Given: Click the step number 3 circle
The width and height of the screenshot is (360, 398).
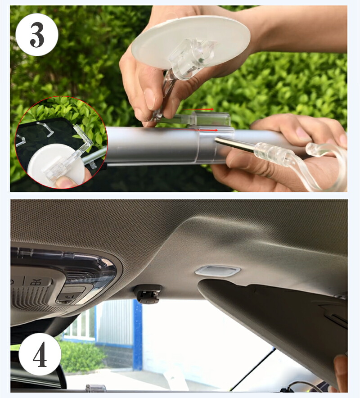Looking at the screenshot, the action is click(37, 35).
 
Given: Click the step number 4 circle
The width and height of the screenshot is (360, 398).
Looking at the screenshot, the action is click(40, 354).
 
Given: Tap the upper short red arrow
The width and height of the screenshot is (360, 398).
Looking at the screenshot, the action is click(198, 109).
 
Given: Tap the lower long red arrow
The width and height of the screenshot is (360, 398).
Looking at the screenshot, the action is click(202, 130).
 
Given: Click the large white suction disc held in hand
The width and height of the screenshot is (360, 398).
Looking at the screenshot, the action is click(190, 42).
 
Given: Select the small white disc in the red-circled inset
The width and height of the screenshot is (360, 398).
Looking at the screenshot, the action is click(56, 165).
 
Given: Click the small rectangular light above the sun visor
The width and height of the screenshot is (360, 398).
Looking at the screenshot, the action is click(218, 271).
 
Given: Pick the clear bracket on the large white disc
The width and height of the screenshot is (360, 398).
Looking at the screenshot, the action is click(192, 59).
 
